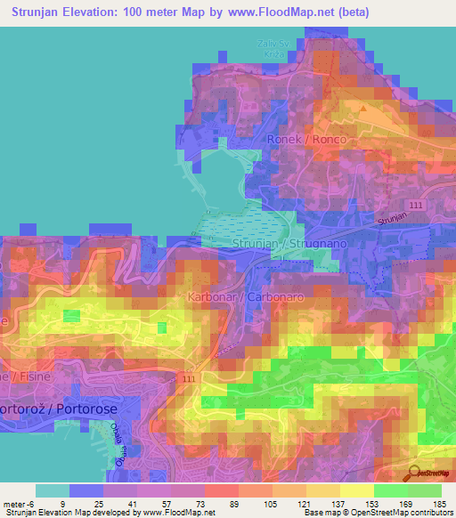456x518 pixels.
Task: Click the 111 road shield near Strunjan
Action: click(419, 206)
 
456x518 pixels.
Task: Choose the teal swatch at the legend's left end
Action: click(53, 490)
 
